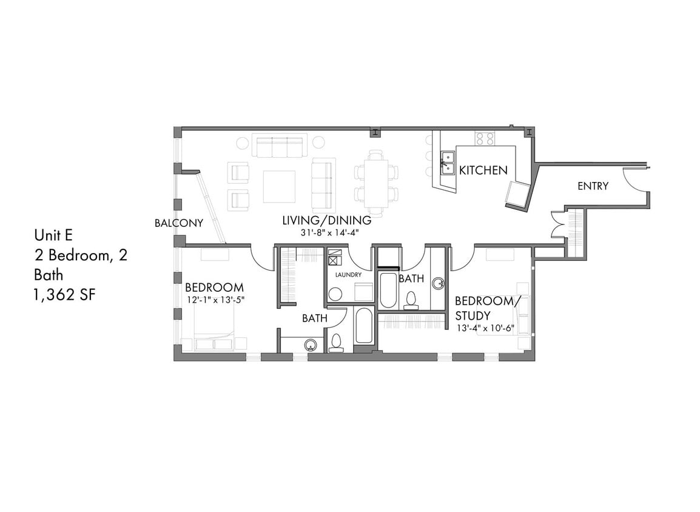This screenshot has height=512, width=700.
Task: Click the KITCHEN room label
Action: point(483,170)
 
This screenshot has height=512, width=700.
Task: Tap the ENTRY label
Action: point(593,186)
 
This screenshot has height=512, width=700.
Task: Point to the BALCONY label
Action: point(178,223)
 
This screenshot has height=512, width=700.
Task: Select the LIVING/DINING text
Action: point(326,221)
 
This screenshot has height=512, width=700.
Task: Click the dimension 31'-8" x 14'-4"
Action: point(326,232)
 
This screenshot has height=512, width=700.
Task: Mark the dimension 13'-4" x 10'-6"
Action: point(485,328)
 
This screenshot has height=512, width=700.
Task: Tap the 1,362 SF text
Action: point(64,294)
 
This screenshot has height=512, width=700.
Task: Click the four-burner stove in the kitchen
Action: point(485,138)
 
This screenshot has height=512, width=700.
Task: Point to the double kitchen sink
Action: point(447,163)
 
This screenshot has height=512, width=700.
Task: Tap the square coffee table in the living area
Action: point(279,186)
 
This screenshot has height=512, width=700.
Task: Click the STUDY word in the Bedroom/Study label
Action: point(473,315)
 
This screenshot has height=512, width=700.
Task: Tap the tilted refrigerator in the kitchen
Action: point(517,194)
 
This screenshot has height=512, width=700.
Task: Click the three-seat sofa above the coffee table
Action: point(278,147)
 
